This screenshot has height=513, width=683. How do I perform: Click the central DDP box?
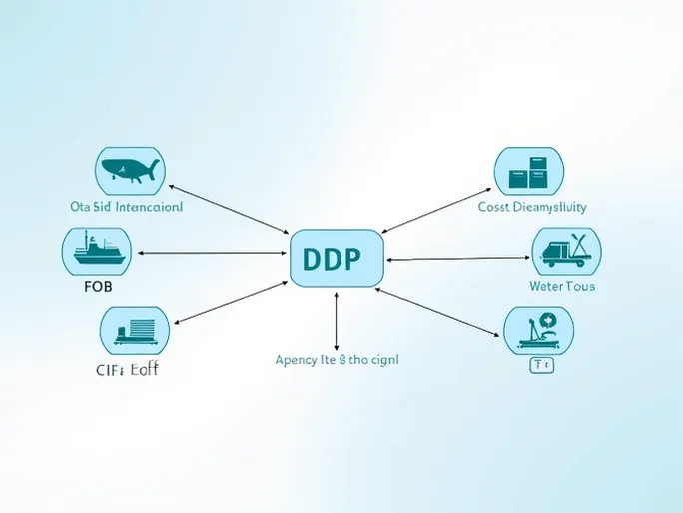point(336,258)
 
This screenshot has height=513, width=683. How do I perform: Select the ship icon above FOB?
point(97,252)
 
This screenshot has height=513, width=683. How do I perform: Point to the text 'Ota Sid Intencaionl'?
point(127,208)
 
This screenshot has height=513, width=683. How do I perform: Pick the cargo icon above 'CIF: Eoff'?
point(135,331)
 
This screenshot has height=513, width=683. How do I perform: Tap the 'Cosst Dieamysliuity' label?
point(532,207)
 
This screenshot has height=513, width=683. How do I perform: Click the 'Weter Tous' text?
point(562,286)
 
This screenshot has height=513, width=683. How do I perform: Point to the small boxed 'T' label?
point(540,365)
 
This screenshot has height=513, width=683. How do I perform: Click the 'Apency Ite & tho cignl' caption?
point(337,359)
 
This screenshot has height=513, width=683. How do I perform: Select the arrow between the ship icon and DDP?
point(212,253)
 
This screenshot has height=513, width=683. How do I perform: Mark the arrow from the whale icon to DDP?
point(229,211)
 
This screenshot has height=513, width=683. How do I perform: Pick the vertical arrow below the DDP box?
point(337,319)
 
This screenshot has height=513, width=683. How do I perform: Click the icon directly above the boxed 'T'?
point(538,330)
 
